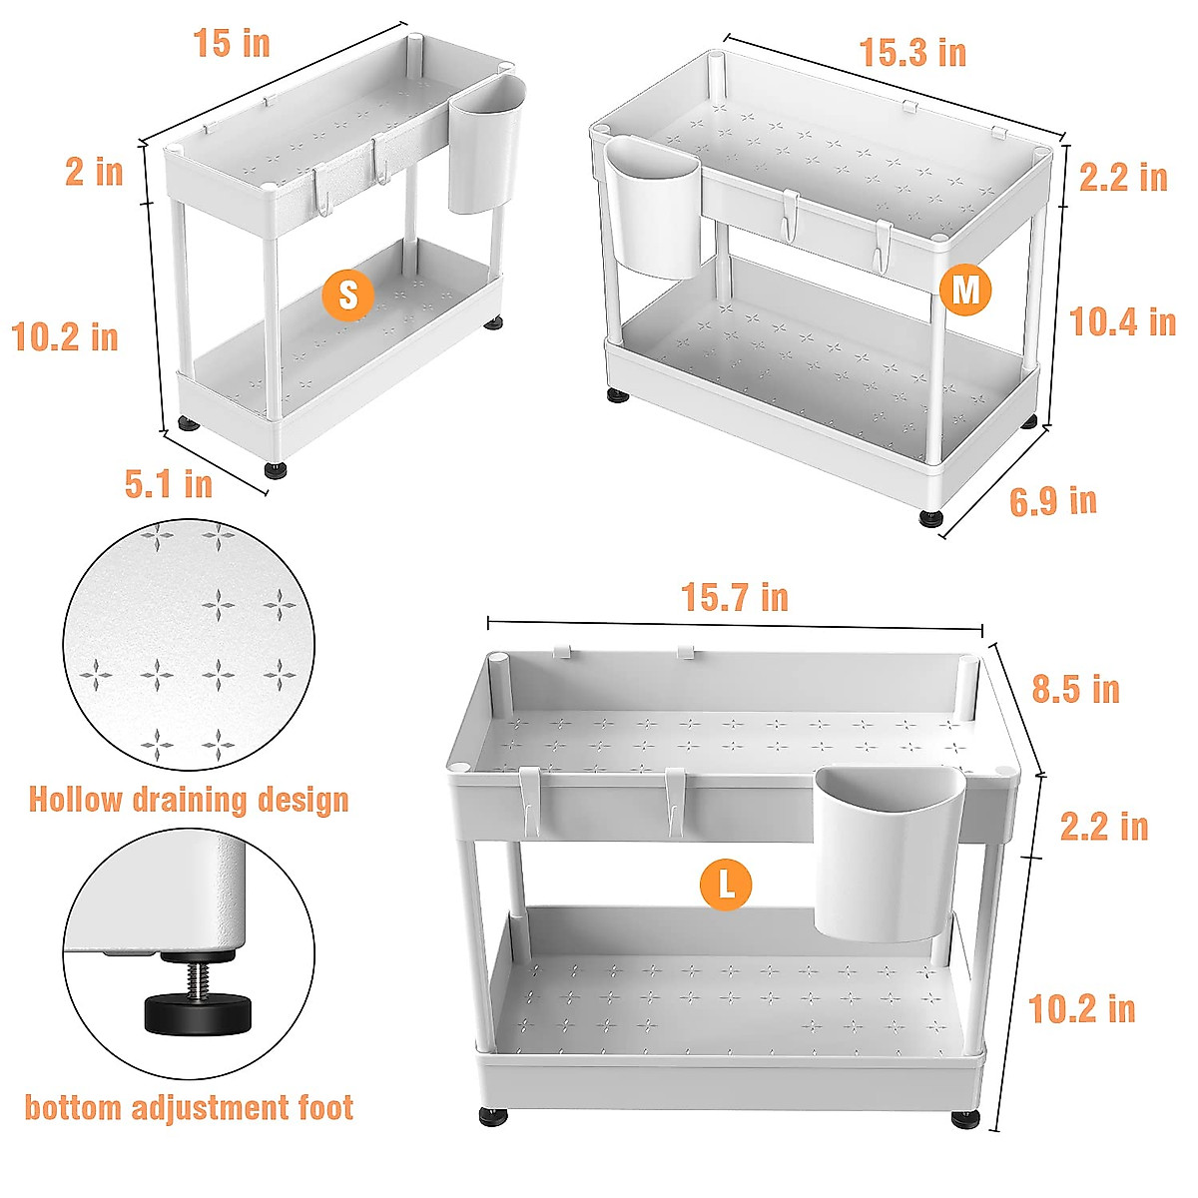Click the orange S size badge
pos(348,295)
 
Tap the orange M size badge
pos(965,291)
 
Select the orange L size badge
pos(726,885)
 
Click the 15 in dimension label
pos(232,44)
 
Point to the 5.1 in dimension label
pos(169,484)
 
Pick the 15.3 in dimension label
pos(912,53)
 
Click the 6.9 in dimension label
pos(1052,500)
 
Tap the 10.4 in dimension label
pos(1122,322)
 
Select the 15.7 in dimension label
pos(735,598)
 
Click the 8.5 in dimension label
pos(1075,689)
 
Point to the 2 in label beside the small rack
pos(95,172)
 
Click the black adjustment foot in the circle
pos(191,1014)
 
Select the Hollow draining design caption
pos(189,800)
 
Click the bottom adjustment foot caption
pos(189,1108)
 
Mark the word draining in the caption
pos(190,800)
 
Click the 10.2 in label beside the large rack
pos(1081,1008)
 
